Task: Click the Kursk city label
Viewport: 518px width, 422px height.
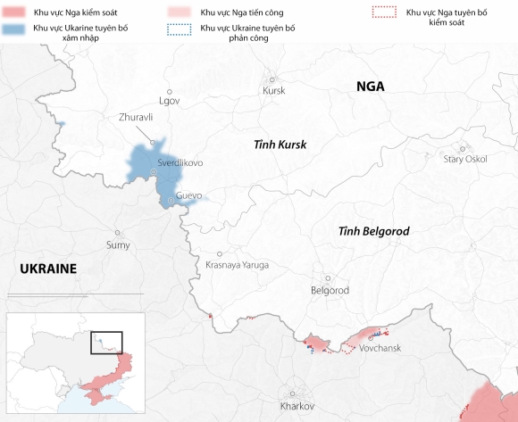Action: pyautogui.click(x=274, y=91)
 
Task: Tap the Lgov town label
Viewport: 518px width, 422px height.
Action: pyautogui.click(x=169, y=100)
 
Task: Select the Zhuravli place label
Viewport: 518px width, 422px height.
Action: pyautogui.click(x=137, y=117)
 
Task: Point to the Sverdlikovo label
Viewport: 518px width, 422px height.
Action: pyautogui.click(x=180, y=163)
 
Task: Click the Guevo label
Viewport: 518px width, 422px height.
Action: pyautogui.click(x=189, y=195)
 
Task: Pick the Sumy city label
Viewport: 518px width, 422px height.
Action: pyautogui.click(x=118, y=244)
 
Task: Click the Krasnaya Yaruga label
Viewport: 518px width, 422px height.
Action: pyautogui.click(x=237, y=265)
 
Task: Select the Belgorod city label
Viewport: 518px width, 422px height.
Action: pyautogui.click(x=330, y=291)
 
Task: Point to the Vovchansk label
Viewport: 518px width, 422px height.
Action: pyautogui.click(x=380, y=348)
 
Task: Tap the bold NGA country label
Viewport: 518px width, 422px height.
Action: pyautogui.click(x=370, y=87)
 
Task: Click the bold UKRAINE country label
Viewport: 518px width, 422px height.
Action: pyautogui.click(x=48, y=269)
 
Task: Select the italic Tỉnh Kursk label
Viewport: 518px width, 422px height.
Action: pyautogui.click(x=280, y=145)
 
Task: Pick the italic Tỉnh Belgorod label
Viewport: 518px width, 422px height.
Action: pyautogui.click(x=373, y=231)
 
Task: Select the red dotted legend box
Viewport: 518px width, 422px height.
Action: pyautogui.click(x=383, y=13)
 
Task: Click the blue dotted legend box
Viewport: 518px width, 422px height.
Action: pyautogui.click(x=180, y=29)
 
